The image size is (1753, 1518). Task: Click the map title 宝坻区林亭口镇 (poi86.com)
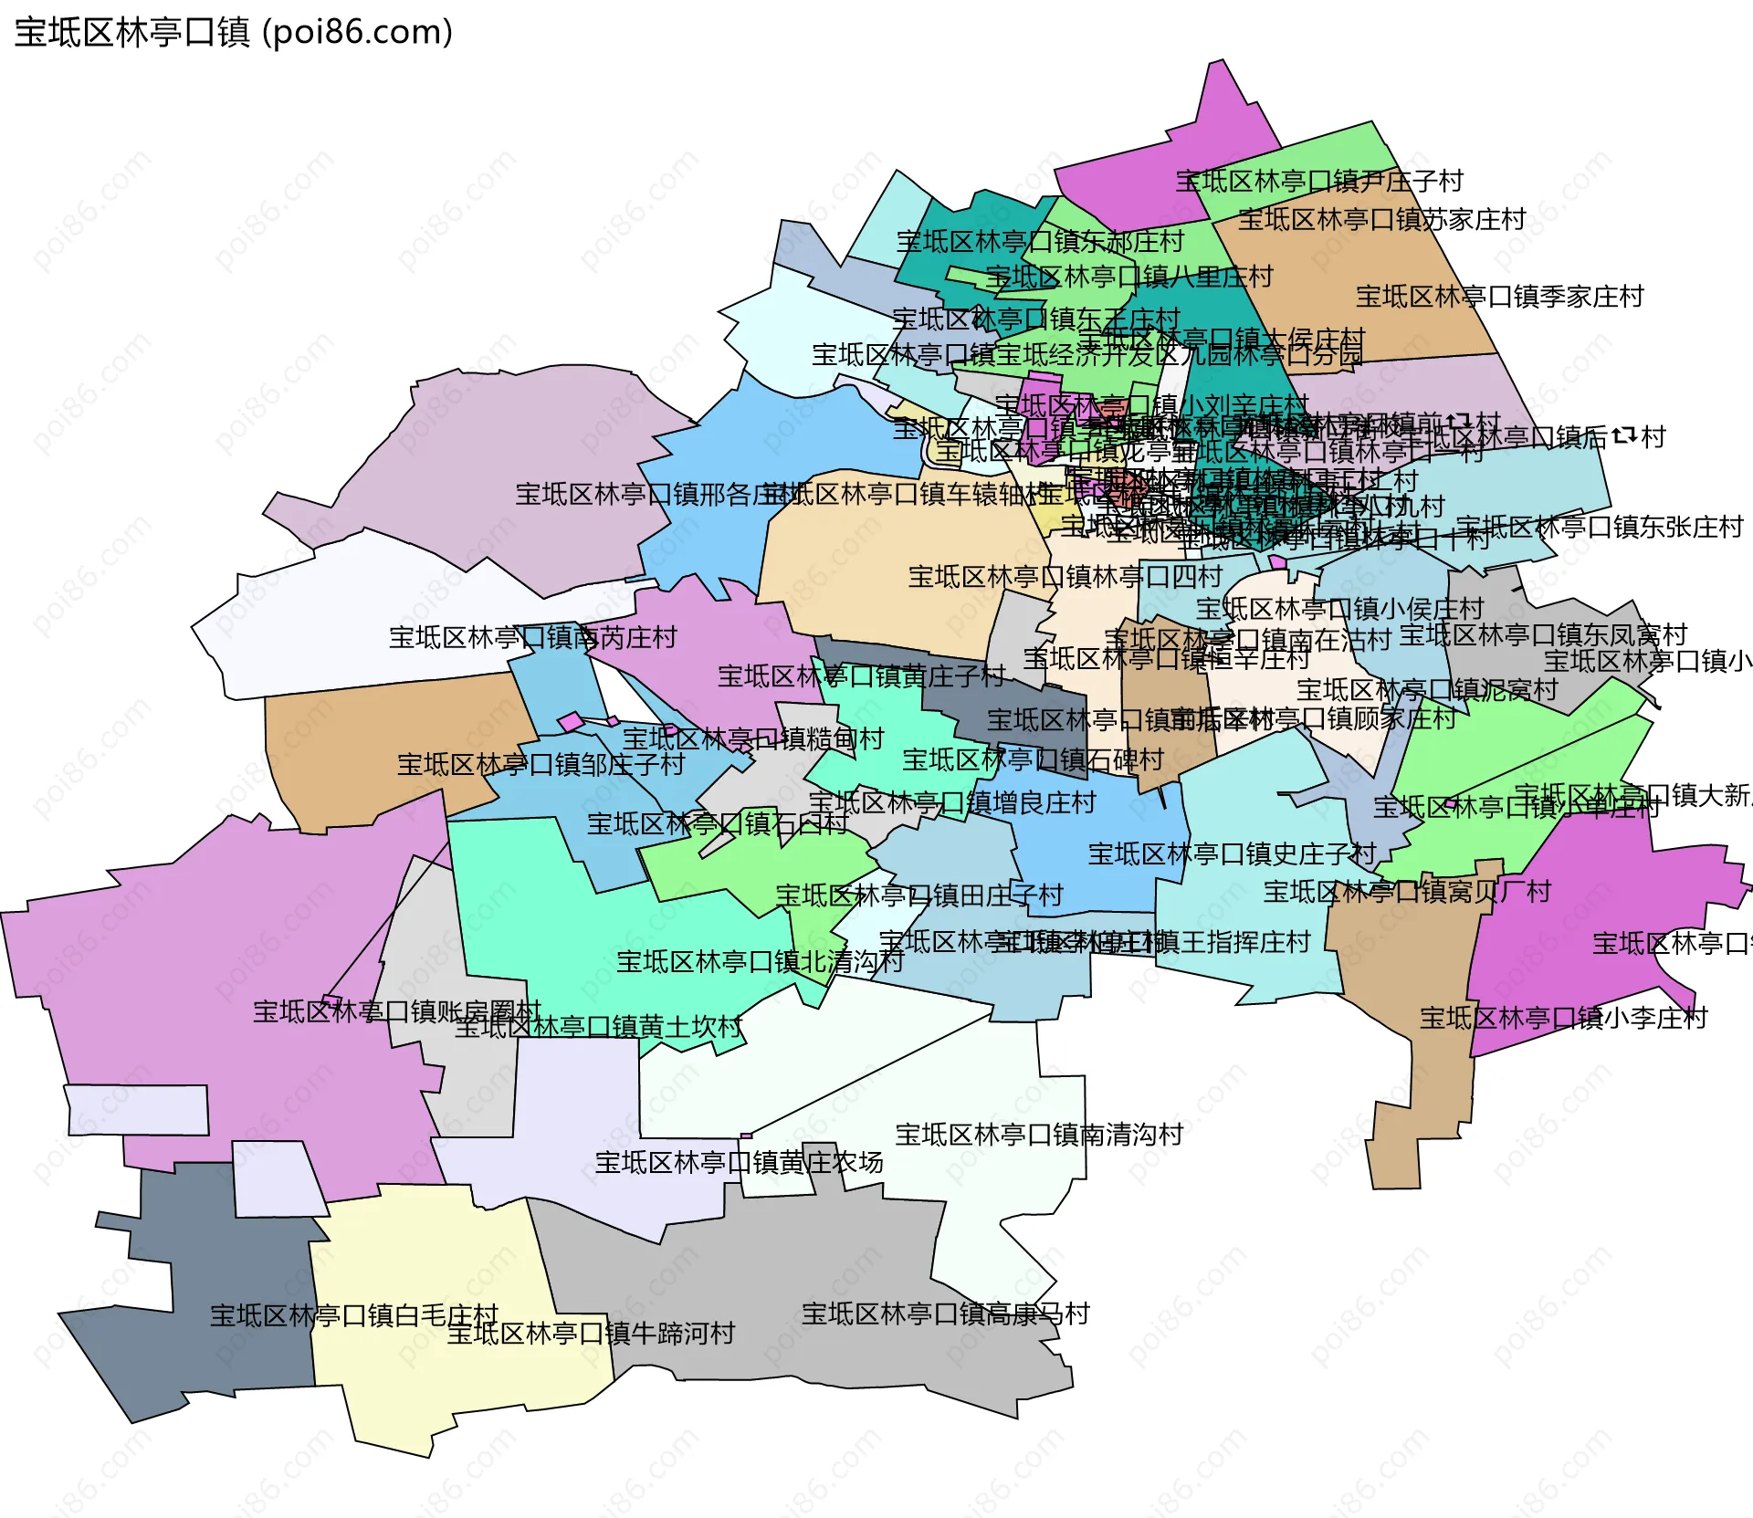[x=233, y=32]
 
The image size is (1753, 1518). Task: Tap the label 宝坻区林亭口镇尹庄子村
[x=1318, y=181]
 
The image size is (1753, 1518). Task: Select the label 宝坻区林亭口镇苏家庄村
[x=1381, y=219]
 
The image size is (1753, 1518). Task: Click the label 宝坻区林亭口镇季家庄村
[x=1499, y=296]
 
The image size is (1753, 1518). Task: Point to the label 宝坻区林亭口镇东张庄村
[x=1599, y=527]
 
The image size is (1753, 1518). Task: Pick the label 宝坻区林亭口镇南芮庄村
[x=532, y=637]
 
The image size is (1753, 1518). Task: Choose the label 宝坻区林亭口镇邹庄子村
[x=541, y=764]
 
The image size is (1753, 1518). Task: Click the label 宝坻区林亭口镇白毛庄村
[x=354, y=1315]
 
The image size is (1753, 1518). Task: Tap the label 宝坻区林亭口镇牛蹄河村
[x=591, y=1334]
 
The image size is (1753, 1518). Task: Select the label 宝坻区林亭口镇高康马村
[x=945, y=1314]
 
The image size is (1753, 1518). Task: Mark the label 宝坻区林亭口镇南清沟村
[x=1039, y=1135]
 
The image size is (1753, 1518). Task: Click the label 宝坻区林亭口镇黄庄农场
[x=739, y=1162]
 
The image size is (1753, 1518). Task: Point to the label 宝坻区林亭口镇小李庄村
[x=1563, y=1018]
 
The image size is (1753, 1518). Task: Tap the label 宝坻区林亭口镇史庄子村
[x=1232, y=854]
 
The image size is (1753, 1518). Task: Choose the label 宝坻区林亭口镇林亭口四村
[x=1065, y=577]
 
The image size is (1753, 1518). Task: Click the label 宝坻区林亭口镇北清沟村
[x=760, y=961]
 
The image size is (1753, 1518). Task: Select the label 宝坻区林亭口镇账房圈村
[x=397, y=1011]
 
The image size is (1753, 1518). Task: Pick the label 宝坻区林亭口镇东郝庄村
[x=1039, y=241]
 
